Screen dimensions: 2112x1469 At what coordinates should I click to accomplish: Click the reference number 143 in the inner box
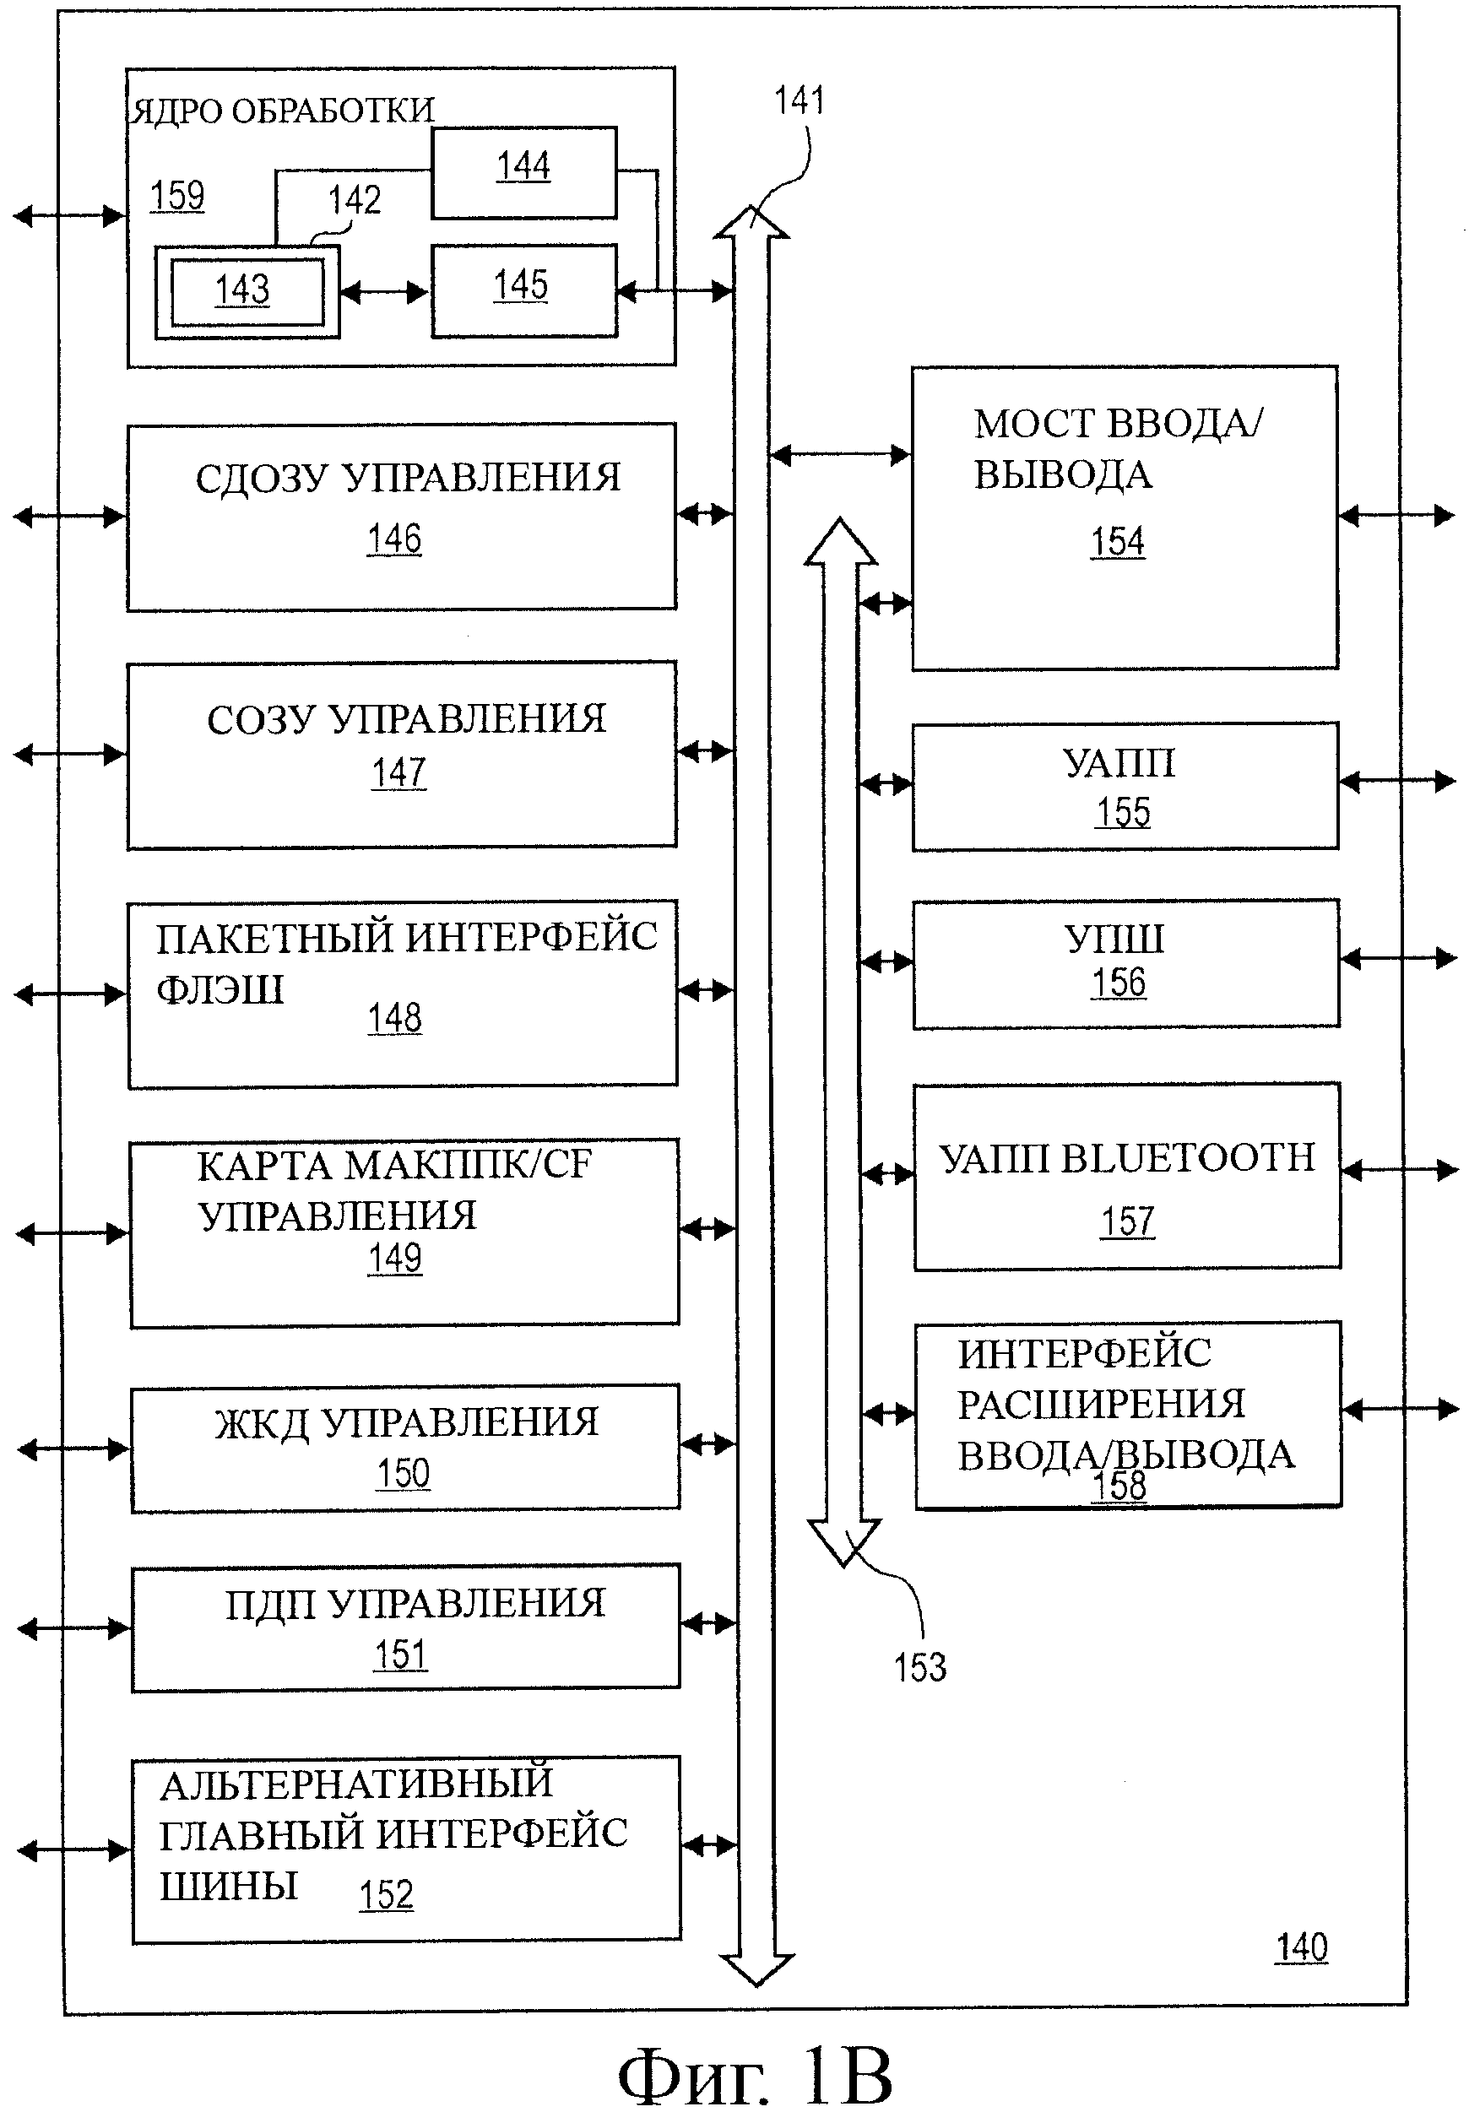tap(242, 290)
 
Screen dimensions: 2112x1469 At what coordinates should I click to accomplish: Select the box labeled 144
tap(523, 172)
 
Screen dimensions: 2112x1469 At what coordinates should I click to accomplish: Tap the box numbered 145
tap(523, 290)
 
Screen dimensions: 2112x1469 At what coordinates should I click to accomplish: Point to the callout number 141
tap(799, 100)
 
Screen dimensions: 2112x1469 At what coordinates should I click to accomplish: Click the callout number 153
tap(920, 1667)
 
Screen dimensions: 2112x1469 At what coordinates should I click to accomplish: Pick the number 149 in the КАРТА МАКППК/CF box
tap(394, 1258)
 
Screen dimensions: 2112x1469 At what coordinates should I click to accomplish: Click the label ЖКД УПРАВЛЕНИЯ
tap(405, 1422)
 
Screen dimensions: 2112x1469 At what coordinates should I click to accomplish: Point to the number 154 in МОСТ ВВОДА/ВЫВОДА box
tap(1117, 542)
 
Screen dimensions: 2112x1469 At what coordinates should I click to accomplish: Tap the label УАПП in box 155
tap(1119, 762)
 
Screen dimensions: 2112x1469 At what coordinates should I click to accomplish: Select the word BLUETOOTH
tap(1188, 1158)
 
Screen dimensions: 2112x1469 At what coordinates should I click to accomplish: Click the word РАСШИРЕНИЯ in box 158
tap(1101, 1405)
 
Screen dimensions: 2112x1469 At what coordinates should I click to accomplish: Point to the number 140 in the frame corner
tap(1301, 1947)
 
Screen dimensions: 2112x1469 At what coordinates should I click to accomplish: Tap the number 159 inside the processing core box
tap(177, 196)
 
